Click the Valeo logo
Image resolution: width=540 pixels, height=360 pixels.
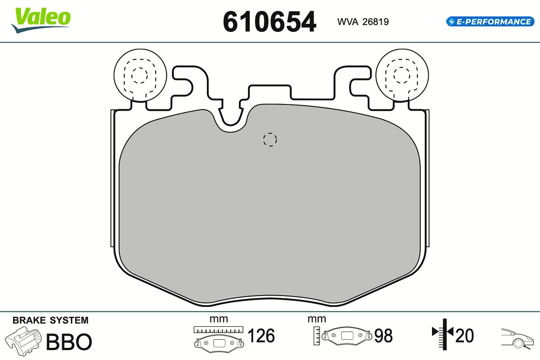tap(41, 20)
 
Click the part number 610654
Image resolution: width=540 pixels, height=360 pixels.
tap(270, 22)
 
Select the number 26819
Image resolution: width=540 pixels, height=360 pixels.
tap(376, 22)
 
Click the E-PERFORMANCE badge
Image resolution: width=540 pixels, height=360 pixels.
tap(490, 22)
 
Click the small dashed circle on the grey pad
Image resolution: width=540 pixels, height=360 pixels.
tap(270, 139)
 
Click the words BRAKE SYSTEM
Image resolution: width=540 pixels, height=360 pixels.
tap(50, 320)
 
